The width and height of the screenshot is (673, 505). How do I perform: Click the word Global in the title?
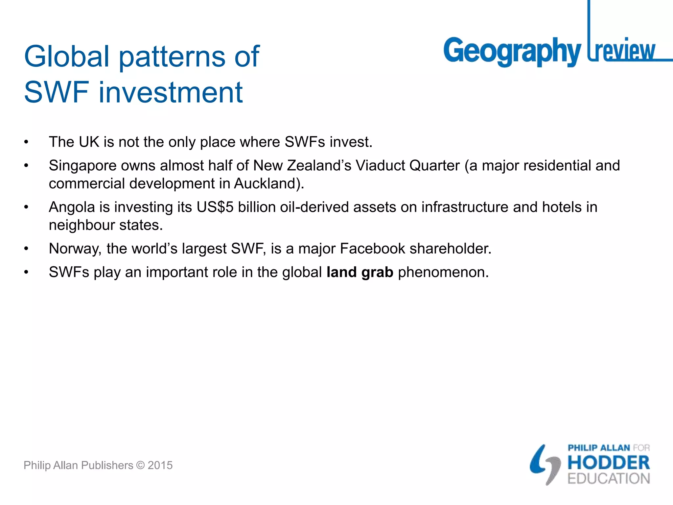coord(67,56)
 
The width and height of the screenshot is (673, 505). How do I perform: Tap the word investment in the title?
coord(171,92)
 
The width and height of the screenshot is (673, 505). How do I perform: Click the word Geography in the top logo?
coord(512,52)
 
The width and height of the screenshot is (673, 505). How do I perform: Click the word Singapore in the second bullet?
coord(82,166)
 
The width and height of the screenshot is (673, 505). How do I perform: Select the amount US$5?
coord(215,207)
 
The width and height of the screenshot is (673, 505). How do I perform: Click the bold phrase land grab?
coord(360,272)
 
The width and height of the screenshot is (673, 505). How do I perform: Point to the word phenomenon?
coord(443,273)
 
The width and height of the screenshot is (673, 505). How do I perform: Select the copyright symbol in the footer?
coord(140,465)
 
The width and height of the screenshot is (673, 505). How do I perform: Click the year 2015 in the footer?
coord(160,465)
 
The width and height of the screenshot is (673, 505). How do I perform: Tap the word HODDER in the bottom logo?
coord(609,463)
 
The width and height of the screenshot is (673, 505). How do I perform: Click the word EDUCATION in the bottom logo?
coord(609,479)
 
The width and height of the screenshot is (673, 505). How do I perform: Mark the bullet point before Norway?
coord(26,249)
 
